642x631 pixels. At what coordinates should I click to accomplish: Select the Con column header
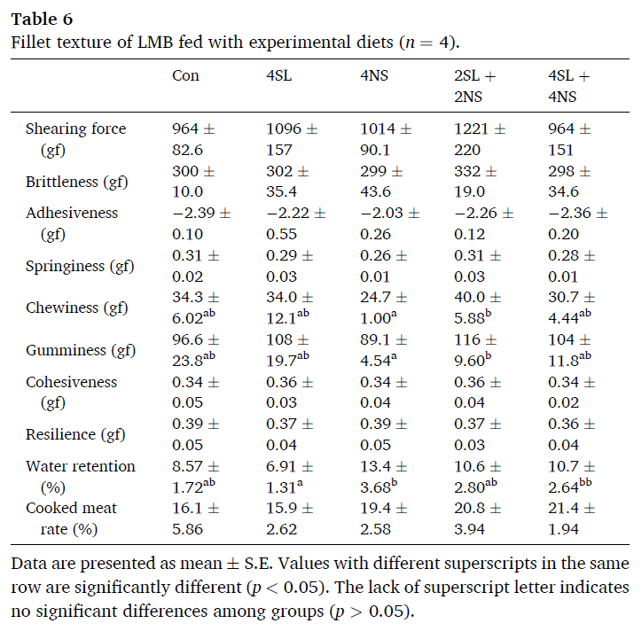[x=185, y=75]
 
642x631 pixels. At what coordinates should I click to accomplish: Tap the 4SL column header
[x=279, y=75]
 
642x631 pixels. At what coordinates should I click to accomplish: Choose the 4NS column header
[x=373, y=75]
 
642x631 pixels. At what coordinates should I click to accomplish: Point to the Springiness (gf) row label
[x=78, y=266]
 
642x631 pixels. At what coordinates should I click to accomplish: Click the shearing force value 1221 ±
[x=480, y=129]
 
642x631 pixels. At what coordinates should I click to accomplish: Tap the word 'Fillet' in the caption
[x=30, y=42]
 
